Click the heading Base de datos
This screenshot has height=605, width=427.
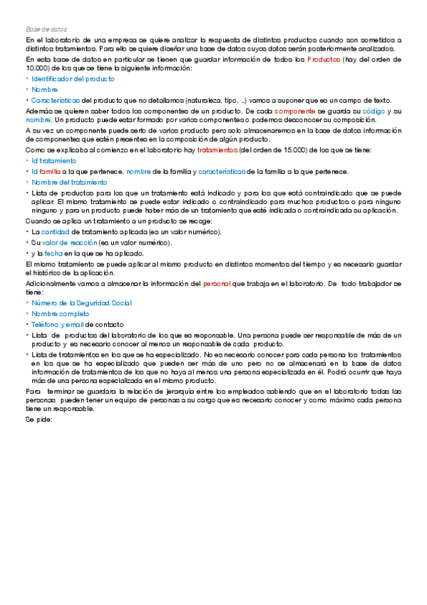(x=46, y=29)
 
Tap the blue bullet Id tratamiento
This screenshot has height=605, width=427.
(x=54, y=161)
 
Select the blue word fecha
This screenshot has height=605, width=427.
(x=53, y=253)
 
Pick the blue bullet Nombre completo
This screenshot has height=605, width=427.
(x=61, y=313)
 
